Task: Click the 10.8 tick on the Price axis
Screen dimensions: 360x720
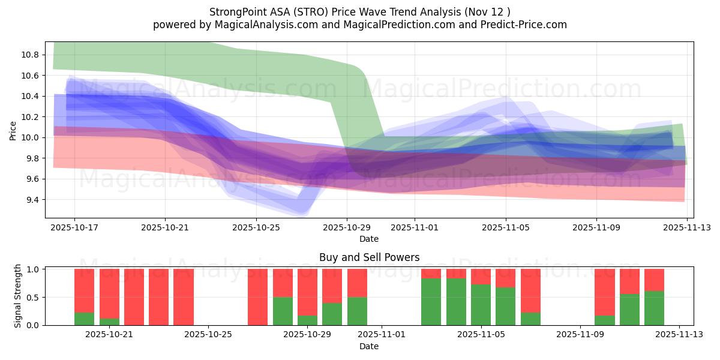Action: pyautogui.click(x=31, y=55)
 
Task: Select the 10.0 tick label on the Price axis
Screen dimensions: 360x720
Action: pyautogui.click(x=31, y=137)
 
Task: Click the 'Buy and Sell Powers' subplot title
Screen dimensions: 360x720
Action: pyautogui.click(x=368, y=257)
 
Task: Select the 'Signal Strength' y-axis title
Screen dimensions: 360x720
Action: pyautogui.click(x=18, y=296)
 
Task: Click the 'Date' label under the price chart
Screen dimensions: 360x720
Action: pyautogui.click(x=368, y=239)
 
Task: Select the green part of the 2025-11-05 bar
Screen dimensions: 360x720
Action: pyautogui.click(x=481, y=305)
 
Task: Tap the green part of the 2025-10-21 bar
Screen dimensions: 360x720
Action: pyautogui.click(x=109, y=322)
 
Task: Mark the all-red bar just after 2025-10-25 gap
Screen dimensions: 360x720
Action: pyautogui.click(x=257, y=297)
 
